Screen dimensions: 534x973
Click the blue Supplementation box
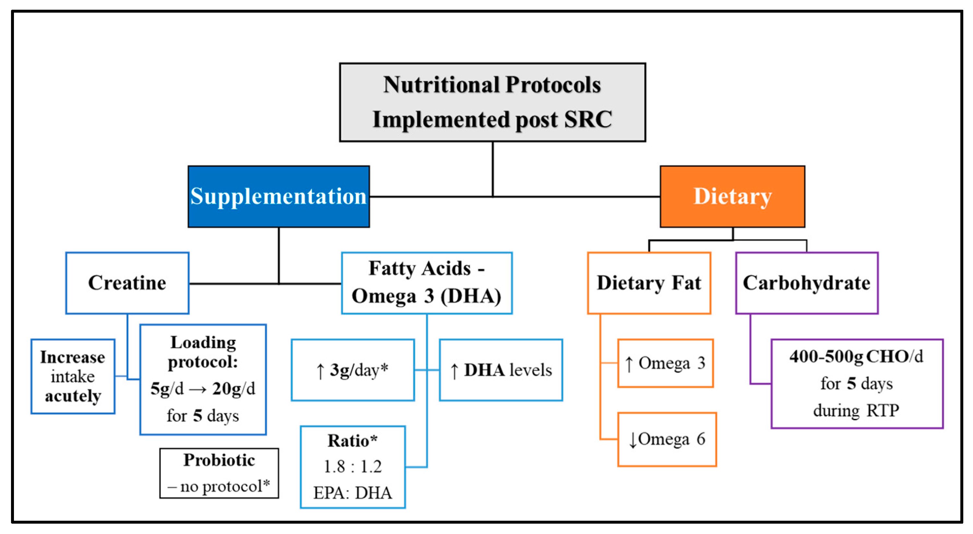point(278,197)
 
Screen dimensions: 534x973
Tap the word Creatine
point(127,283)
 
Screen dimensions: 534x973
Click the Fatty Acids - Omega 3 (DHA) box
point(427,283)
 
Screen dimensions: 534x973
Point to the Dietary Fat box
point(649,283)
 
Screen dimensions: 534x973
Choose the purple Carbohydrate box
point(806,283)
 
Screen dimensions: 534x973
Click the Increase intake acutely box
point(73,376)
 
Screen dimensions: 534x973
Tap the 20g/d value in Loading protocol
point(233,389)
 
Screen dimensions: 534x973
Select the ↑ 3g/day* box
point(352,370)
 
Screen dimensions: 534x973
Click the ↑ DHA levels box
point(501,370)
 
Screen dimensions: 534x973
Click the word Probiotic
point(219,460)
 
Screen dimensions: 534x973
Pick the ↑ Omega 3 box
point(665,363)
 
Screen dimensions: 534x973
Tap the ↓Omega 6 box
point(667,439)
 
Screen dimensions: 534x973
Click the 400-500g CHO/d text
point(856,356)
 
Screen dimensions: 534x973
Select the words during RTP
point(856,411)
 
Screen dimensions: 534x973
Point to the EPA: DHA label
point(352,493)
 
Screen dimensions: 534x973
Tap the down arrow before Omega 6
point(633,440)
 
